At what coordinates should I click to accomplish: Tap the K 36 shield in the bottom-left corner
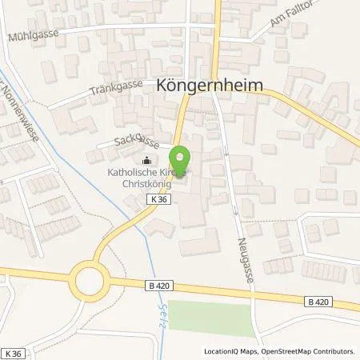tap(13, 352)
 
